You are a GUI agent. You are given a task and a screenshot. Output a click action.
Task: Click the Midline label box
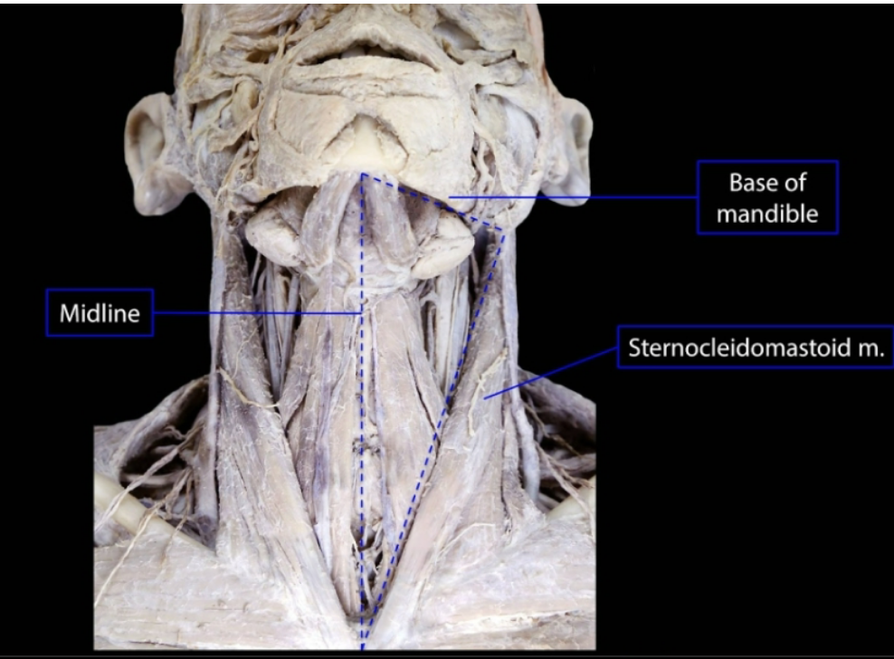pos(100,313)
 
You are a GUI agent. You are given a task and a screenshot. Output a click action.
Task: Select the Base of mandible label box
pos(767,197)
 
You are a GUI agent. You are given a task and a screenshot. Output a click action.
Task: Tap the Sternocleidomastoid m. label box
pos(755,347)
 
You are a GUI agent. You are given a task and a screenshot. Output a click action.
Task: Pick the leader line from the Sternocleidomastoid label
pos(552,372)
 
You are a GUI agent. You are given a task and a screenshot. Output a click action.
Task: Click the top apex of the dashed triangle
pos(362,174)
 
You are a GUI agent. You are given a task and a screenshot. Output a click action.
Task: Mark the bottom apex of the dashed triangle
pos(363,645)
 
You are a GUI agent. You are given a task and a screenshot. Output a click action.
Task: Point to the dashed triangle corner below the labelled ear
pos(503,225)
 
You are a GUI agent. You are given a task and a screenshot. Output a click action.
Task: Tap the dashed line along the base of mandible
pos(433,199)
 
